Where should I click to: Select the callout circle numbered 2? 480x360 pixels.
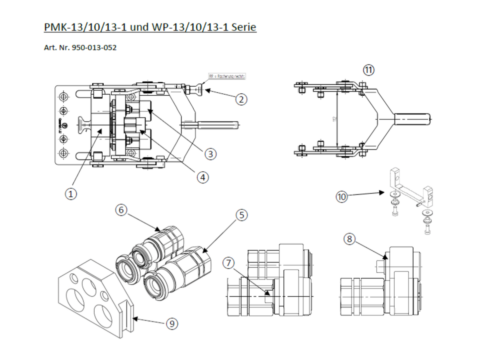pos(241,99)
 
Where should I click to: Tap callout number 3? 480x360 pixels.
pos(210,154)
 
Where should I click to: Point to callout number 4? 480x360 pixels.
pos(203,177)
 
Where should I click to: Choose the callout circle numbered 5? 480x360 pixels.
pos(241,215)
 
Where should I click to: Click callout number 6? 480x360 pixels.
pos(121,210)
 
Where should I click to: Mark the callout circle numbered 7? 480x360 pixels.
pos(228,263)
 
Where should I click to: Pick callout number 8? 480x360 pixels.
pos(349,239)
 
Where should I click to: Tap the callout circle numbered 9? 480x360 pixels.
pos(172,323)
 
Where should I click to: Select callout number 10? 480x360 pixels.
pos(341,197)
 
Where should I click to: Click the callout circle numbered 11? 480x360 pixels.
pos(368,70)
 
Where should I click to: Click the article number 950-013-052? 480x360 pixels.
pos(94,47)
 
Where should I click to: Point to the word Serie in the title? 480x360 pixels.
pos(244,27)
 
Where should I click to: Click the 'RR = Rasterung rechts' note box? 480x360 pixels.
pos(227,76)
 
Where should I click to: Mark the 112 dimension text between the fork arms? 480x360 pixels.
pos(335,119)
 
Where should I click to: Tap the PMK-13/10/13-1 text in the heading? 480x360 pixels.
pos(85,27)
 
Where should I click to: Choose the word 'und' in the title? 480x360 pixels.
pos(140,27)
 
